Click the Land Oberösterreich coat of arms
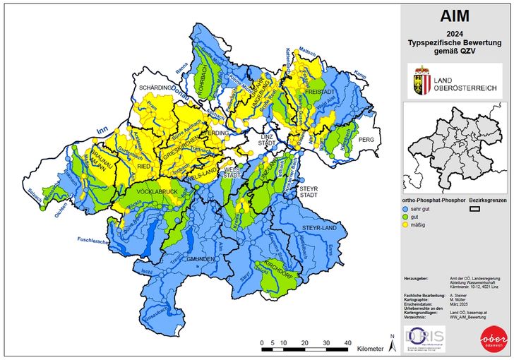pyautogui.click(x=424, y=79)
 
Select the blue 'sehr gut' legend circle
pyautogui.click(x=405, y=210)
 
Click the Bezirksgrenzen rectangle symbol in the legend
pyautogui.click(x=476, y=210)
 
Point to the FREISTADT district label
pyautogui.click(x=320, y=92)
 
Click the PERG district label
pyautogui.click(x=366, y=140)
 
